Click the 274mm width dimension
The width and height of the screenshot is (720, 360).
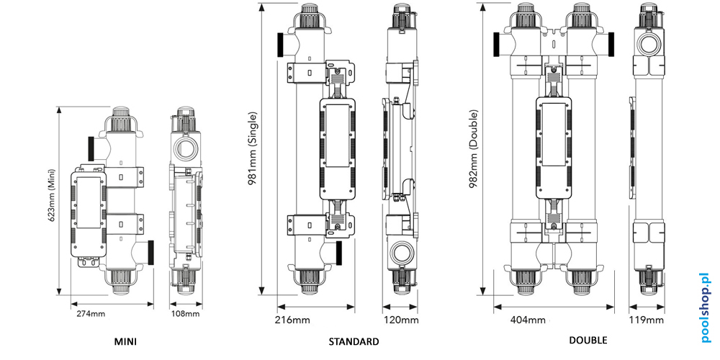pos(91,314)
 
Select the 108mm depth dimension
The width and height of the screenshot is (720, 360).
pos(186,314)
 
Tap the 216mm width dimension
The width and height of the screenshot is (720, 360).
pos(292,320)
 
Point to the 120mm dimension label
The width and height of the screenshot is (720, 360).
pos(400,320)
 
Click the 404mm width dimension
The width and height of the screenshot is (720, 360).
pos(527,320)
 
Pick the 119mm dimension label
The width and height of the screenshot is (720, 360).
pos(647,320)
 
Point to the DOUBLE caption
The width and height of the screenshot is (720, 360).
pos(588,341)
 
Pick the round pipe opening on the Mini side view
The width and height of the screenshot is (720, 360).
pos(185,150)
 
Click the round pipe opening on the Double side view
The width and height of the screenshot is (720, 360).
pos(647,45)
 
